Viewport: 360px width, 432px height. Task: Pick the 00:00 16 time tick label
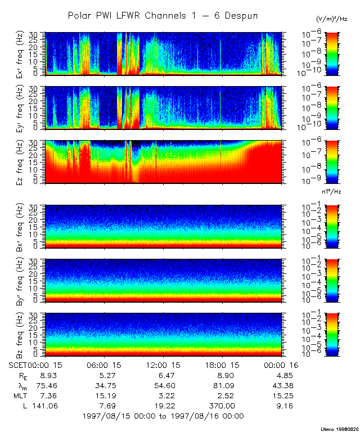(280, 366)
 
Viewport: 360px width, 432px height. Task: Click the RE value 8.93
(46, 375)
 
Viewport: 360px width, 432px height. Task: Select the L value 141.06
(46, 406)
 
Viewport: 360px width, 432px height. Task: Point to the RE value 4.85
(280, 375)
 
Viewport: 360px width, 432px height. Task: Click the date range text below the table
(163, 416)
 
